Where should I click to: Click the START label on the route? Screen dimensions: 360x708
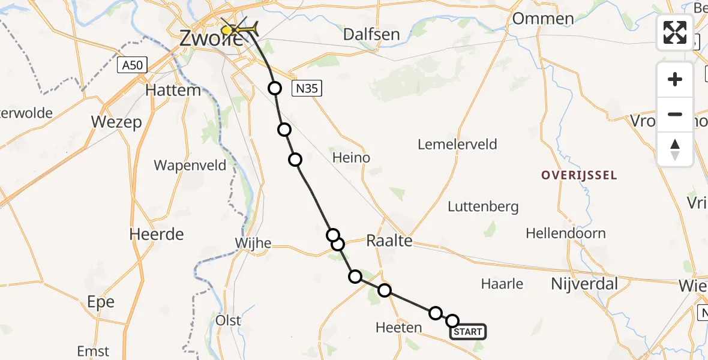[467, 332]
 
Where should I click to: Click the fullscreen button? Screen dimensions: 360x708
[675, 32]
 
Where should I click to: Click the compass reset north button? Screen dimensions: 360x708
[675, 149]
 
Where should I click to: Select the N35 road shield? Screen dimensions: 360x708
[308, 89]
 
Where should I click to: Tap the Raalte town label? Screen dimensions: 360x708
[389, 241]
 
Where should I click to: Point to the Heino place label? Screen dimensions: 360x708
[351, 158]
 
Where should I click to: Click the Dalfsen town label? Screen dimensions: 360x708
[371, 34]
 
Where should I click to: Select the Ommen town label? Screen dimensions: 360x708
[543, 19]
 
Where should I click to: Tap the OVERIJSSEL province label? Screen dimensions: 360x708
[579, 175]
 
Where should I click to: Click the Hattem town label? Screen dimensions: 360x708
[173, 91]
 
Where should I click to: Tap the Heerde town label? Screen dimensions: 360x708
[157, 234]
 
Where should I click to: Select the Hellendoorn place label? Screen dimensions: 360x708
[566, 233]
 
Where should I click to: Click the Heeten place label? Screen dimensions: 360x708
[398, 328]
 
